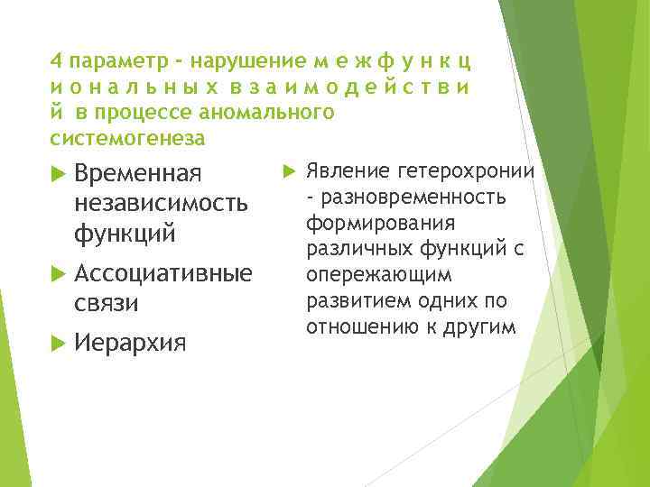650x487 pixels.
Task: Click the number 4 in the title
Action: (x=56, y=62)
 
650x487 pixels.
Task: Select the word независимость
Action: (x=161, y=203)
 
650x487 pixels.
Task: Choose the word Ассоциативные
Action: (x=163, y=272)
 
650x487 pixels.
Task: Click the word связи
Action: (x=107, y=302)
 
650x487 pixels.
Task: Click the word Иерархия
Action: (x=131, y=343)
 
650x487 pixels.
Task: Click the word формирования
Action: (x=379, y=223)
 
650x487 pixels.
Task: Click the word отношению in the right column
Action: (x=357, y=326)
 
